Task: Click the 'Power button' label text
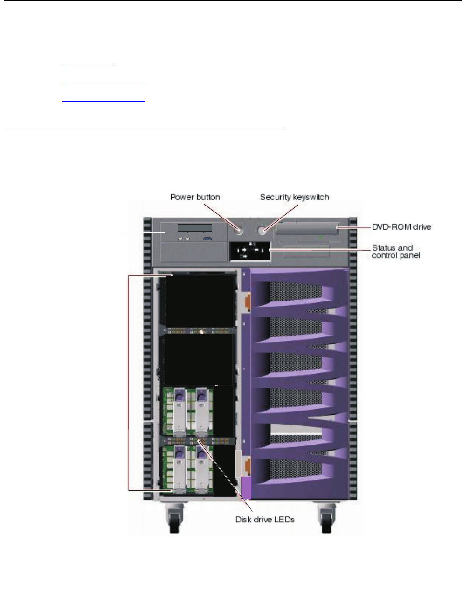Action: pos(195,197)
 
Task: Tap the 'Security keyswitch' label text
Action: pos(294,197)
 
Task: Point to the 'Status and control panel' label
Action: pos(396,252)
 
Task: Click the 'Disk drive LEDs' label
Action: pos(265,520)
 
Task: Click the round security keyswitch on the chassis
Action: pos(264,230)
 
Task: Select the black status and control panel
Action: pos(249,252)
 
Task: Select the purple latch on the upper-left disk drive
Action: pos(177,395)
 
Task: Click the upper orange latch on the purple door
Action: pos(247,301)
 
